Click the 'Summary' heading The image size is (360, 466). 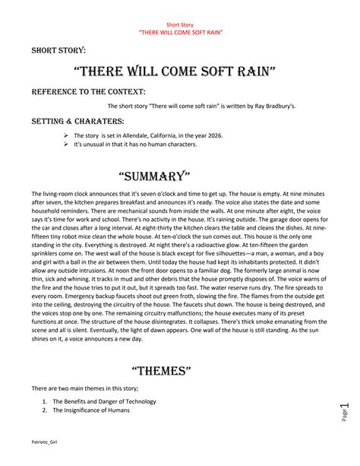coord(179,176)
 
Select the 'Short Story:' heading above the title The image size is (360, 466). coord(58,50)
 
